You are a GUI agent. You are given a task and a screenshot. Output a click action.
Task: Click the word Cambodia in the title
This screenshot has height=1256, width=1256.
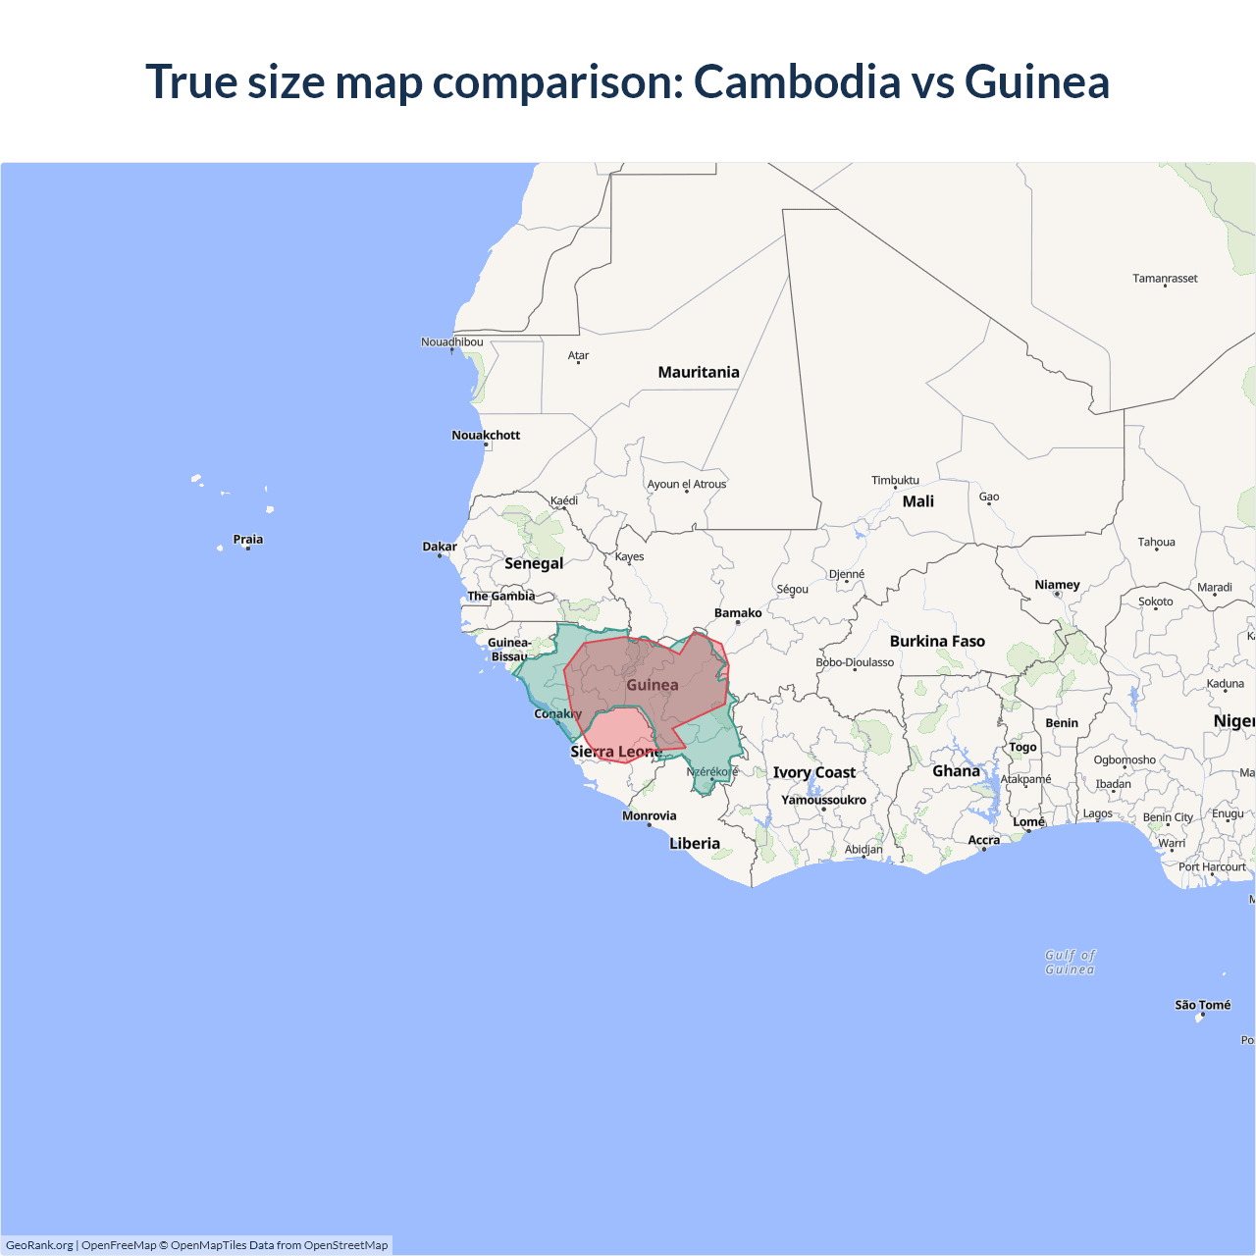[797, 81]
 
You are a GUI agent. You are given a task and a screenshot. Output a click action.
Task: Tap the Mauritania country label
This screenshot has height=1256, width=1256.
[699, 372]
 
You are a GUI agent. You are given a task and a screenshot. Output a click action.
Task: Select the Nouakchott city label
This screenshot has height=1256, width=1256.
[486, 435]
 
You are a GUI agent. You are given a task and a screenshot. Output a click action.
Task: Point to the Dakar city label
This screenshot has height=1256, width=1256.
[440, 547]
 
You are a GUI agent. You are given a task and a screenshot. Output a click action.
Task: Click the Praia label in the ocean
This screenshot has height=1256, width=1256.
[248, 539]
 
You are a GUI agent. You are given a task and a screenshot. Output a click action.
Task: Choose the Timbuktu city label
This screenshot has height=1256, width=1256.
[895, 480]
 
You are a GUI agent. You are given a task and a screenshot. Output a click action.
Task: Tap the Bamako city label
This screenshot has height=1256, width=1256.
[738, 612]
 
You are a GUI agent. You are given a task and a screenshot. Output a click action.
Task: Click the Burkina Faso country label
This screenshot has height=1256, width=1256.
[937, 641]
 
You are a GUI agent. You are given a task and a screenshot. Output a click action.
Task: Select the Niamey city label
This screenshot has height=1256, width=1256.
[1057, 585]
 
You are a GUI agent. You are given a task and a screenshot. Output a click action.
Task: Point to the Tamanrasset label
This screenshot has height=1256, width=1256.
[1165, 279]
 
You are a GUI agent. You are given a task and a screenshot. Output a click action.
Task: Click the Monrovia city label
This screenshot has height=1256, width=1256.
[649, 815]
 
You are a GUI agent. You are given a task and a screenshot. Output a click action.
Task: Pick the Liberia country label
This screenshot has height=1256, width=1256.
[695, 843]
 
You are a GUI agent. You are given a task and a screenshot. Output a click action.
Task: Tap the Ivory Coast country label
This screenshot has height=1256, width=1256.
[813, 772]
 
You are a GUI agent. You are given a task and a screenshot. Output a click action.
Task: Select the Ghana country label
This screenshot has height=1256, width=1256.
[956, 771]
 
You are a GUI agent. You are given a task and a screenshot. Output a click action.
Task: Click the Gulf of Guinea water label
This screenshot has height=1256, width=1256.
[1070, 962]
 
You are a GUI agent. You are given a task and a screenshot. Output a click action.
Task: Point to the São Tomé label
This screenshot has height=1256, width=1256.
[1202, 1005]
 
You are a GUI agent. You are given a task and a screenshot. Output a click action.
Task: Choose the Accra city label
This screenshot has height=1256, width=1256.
[983, 840]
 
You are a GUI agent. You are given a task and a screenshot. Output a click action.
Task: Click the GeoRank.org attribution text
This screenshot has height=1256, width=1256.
[39, 1245]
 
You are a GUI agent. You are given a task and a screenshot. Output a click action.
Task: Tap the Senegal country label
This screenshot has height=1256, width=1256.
[534, 563]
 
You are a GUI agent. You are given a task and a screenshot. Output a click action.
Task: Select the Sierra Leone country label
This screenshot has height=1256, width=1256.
[616, 752]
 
